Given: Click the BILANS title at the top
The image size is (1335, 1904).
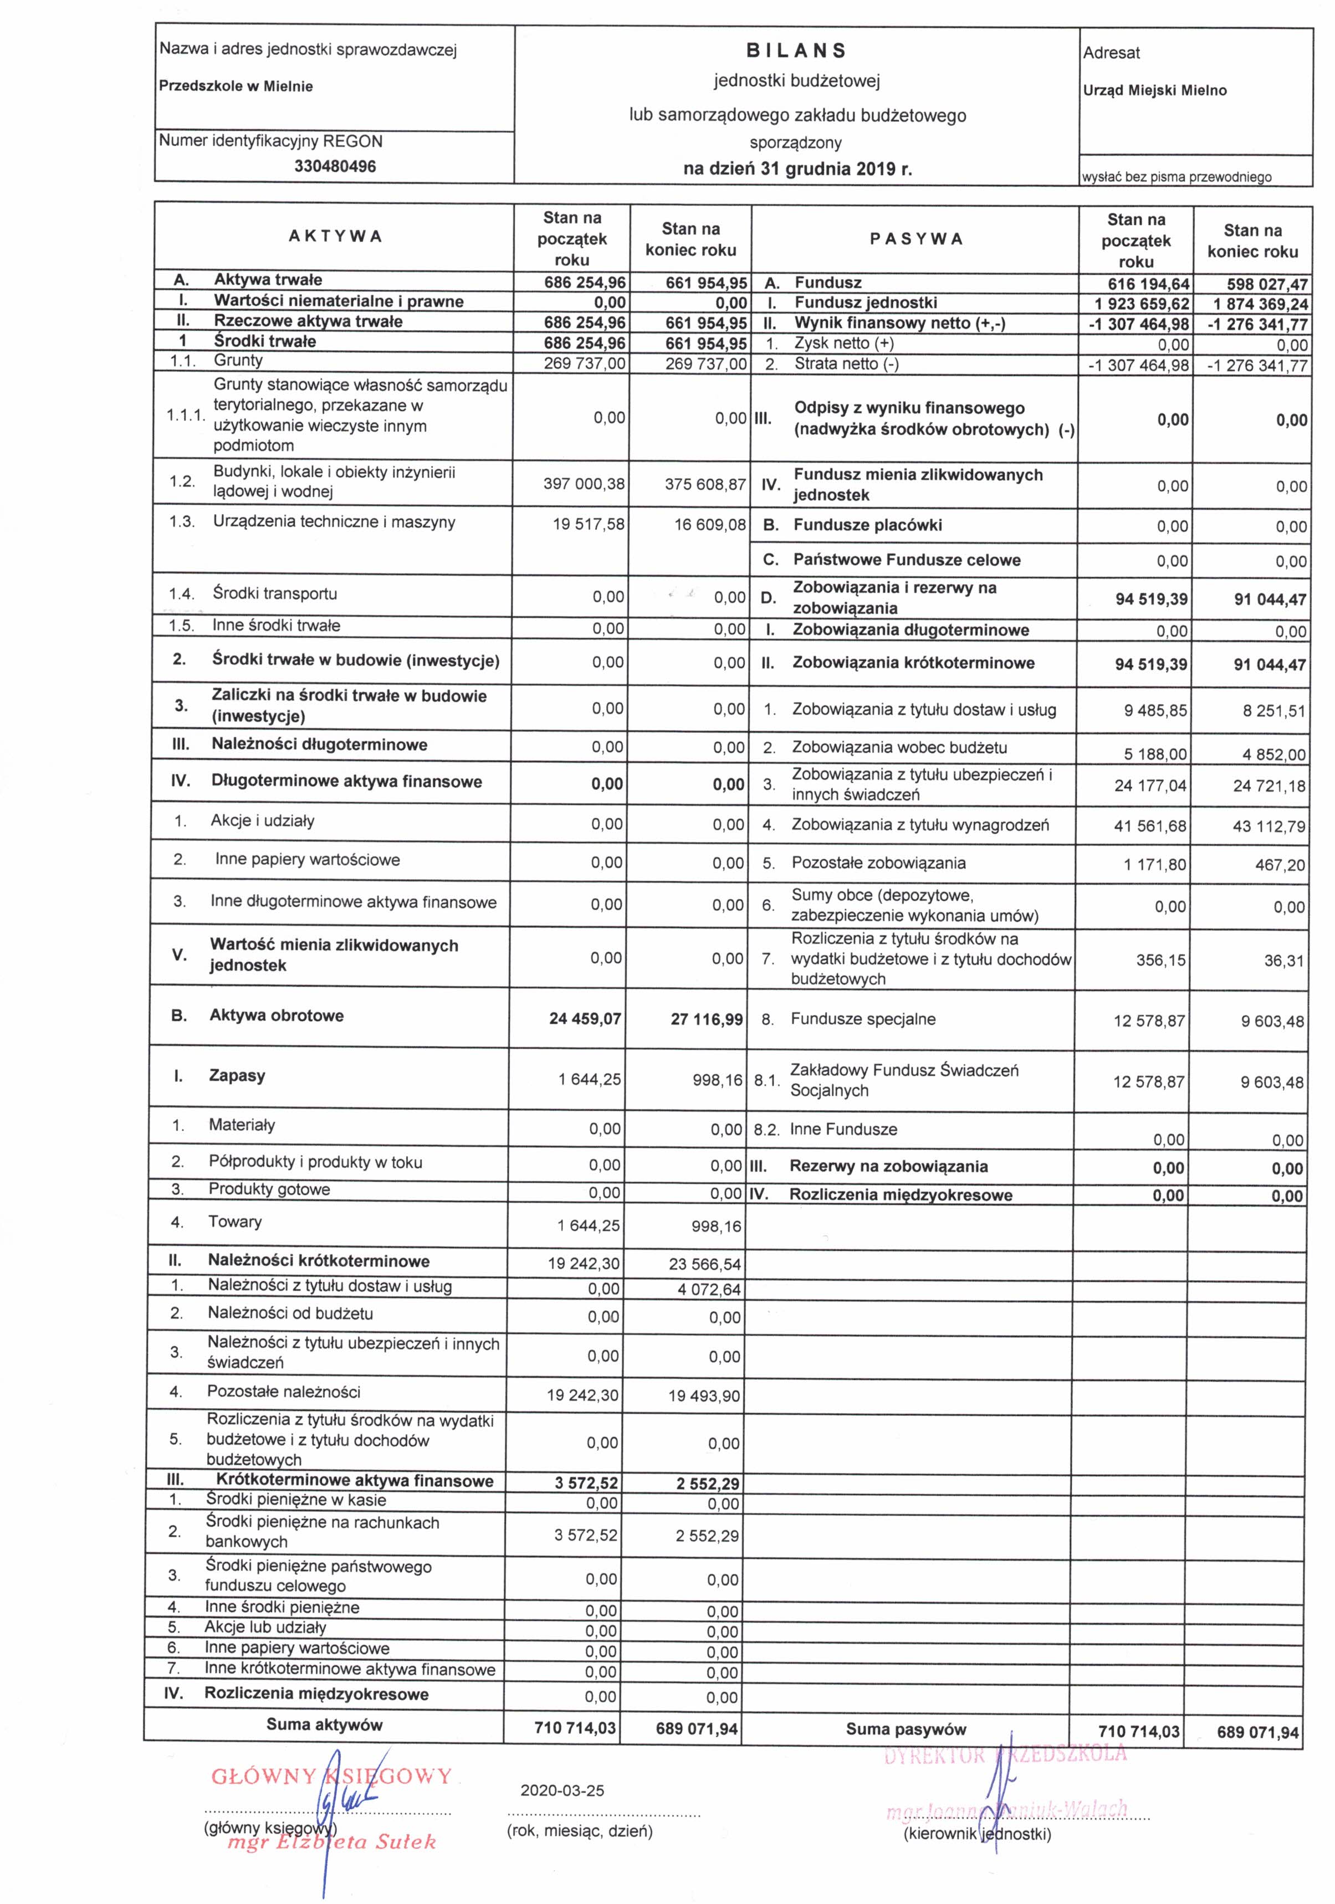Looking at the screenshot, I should point(796,50).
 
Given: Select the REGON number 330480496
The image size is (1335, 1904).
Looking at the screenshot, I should point(335,166).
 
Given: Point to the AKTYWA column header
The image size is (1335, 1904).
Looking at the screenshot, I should point(335,237).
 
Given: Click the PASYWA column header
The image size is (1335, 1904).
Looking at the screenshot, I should point(916,239).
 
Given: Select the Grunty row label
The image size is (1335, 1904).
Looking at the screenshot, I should point(238,361).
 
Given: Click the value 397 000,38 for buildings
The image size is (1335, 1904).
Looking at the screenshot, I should point(584,484).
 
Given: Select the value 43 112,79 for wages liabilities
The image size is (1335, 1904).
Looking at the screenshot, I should point(1268,827).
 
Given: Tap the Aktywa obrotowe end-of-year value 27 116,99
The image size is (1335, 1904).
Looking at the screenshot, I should point(706,1019).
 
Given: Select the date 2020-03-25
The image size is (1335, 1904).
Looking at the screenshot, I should point(562,1790).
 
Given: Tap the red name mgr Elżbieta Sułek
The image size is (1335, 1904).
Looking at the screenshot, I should point(332,1843).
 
